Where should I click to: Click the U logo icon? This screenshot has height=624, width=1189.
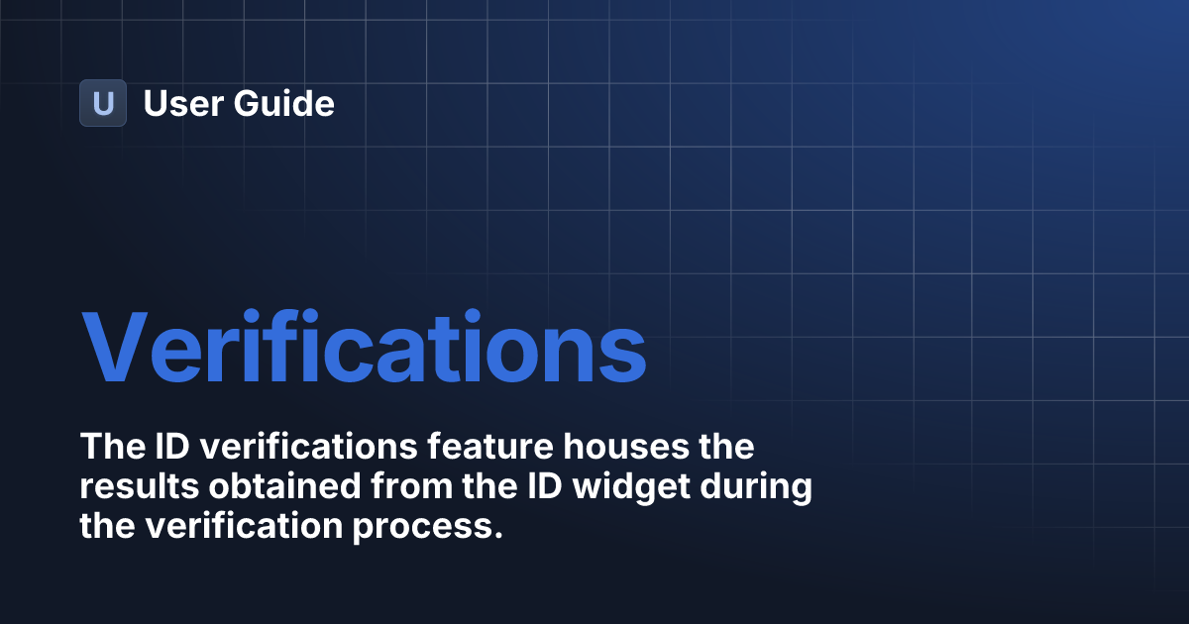click(x=103, y=103)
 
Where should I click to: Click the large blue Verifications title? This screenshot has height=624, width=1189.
click(x=364, y=349)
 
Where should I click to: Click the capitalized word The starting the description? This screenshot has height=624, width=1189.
click(x=111, y=447)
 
